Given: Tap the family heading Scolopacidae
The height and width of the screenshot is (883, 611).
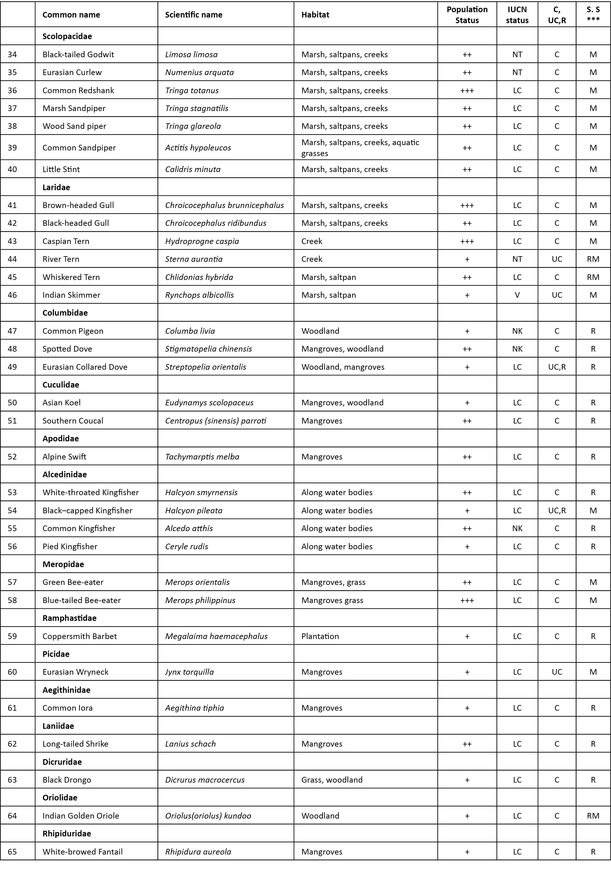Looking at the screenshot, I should (x=67, y=36).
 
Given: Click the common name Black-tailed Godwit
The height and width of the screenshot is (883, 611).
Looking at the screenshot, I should (x=78, y=54).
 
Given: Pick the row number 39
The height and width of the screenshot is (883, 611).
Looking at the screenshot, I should (x=12, y=148).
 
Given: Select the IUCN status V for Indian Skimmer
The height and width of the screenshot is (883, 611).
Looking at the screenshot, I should (x=517, y=295).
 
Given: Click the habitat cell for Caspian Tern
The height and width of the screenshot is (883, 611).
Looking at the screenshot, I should (x=312, y=241).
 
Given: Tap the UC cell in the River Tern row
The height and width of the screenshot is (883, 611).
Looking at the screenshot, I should (x=557, y=259).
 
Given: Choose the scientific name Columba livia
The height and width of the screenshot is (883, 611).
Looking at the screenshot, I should (x=190, y=331).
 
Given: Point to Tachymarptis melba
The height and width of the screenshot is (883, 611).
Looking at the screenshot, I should (x=202, y=457).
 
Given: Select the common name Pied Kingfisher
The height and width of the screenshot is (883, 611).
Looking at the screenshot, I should (x=70, y=546).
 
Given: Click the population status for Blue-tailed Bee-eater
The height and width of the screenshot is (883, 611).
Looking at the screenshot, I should (x=467, y=601).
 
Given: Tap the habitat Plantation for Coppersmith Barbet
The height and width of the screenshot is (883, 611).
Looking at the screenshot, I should (x=320, y=637).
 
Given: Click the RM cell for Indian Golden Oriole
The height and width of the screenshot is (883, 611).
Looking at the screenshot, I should (x=593, y=816).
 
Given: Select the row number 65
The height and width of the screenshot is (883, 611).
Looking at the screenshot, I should (x=12, y=852).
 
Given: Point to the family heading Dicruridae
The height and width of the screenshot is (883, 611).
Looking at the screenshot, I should (x=62, y=762).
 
